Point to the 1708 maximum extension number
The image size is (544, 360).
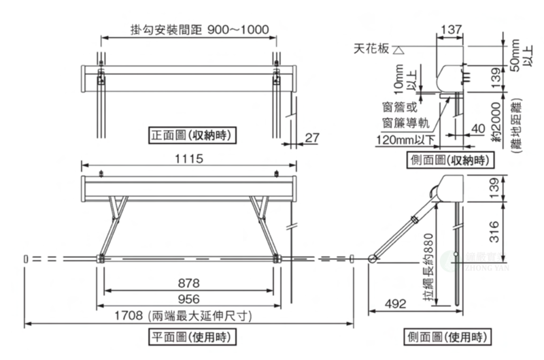coord(126,316)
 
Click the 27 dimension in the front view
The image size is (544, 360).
coord(311,138)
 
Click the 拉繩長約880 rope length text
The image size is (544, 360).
coord(427,270)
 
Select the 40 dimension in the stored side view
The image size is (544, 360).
coord(477,128)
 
